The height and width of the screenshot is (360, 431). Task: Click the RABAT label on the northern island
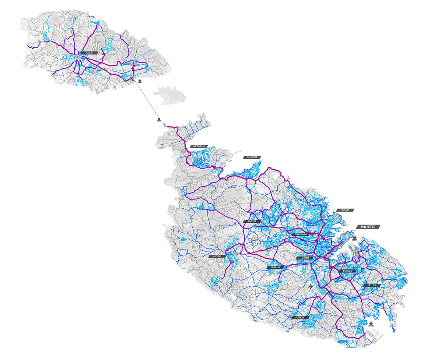(89, 53)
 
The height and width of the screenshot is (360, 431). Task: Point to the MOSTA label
(252, 222)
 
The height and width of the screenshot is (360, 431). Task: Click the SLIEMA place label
(345, 210)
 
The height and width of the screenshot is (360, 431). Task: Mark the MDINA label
(215, 257)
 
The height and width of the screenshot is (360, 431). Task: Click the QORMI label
(305, 258)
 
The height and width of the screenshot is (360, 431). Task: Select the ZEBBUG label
(276, 268)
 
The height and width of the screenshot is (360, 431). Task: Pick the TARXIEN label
(348, 271)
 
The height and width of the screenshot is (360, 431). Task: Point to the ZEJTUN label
(371, 285)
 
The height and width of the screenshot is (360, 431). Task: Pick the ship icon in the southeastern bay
(371, 324)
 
